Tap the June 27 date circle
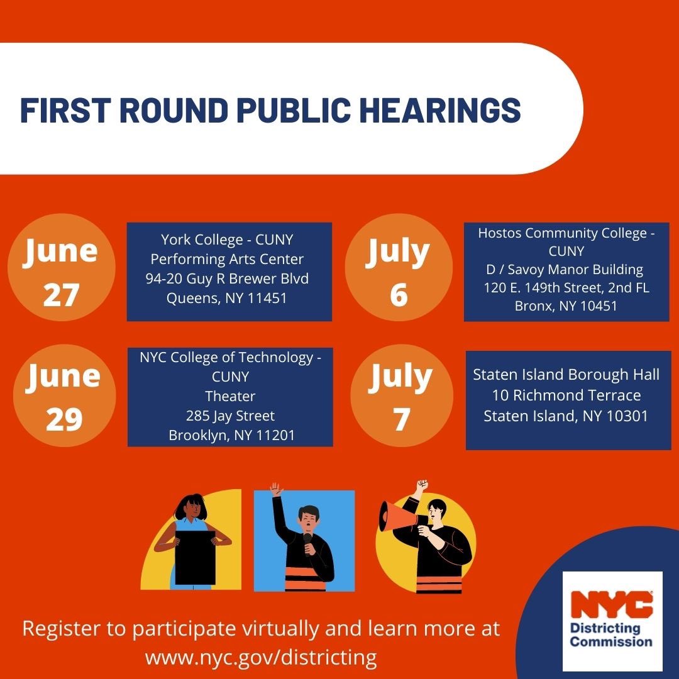[x=61, y=267]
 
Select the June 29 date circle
[x=64, y=395]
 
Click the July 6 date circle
[x=399, y=267]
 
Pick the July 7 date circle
[x=401, y=395]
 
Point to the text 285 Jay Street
[x=230, y=416]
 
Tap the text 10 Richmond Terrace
[x=566, y=395]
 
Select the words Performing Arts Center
[x=227, y=259]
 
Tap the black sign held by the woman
[x=196, y=558]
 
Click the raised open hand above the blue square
[x=276, y=489]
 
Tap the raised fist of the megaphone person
[x=422, y=485]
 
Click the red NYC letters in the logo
[x=612, y=605]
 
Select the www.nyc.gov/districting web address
[x=261, y=658]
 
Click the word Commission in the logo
[x=611, y=641]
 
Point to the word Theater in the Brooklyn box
[x=230, y=396]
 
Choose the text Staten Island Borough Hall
[x=566, y=375]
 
